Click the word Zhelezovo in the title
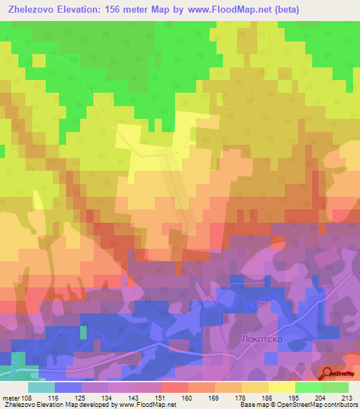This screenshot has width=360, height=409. [31, 10]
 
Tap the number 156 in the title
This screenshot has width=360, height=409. [120, 10]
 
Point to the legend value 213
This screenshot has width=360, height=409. [342, 397]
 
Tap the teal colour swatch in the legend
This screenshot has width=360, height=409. [41, 387]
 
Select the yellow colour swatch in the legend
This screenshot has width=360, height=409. [282, 387]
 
